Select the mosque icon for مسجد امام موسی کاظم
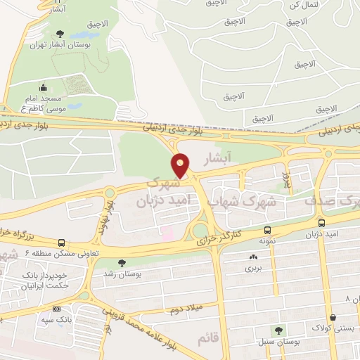[x=44, y=88]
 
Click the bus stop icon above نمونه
[x=267, y=230]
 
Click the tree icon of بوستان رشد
[x=123, y=262]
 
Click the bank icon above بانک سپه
[x=56, y=309]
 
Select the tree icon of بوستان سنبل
[x=279, y=329]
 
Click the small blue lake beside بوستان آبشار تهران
[x=74, y=107]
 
